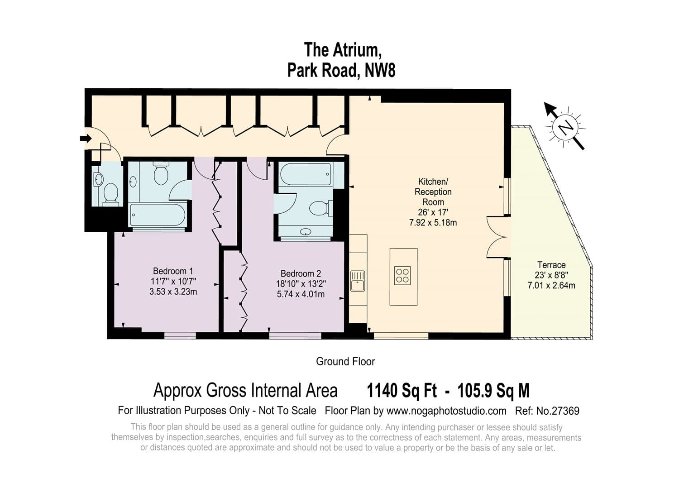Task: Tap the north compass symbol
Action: (x=565, y=127)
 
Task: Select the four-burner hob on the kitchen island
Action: (x=403, y=276)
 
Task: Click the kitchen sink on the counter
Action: (x=358, y=281)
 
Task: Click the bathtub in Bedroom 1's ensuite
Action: (x=157, y=215)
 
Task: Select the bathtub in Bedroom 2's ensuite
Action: (x=306, y=174)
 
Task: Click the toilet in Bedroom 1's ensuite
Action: (x=161, y=174)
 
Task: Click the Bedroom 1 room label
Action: (x=173, y=271)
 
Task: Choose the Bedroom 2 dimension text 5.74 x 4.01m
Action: (x=301, y=294)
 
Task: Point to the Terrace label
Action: (x=551, y=265)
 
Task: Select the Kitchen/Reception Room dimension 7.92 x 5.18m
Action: (x=433, y=223)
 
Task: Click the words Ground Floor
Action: (x=345, y=362)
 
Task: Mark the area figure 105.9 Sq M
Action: (x=493, y=390)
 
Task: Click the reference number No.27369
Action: (x=558, y=411)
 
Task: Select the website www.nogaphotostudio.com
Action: (x=446, y=411)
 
